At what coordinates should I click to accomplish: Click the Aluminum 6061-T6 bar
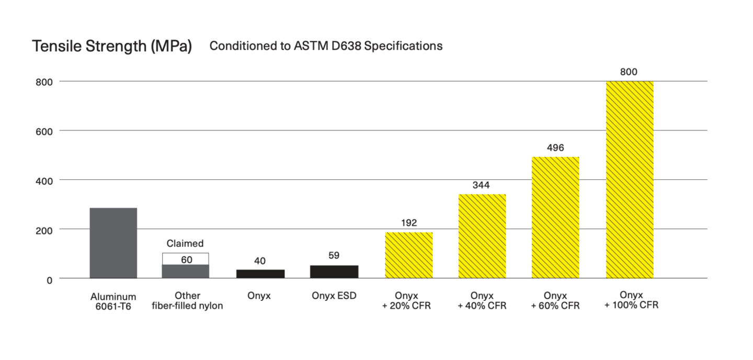point(113,243)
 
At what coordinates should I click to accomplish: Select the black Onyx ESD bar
point(334,272)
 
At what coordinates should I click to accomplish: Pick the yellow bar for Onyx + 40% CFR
point(482,236)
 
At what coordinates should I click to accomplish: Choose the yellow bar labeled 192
point(409,255)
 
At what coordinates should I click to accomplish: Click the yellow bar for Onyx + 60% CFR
point(555,217)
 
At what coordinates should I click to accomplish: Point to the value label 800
point(629,72)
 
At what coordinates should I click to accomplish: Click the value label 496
point(555,148)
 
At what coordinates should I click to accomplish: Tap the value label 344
point(482,185)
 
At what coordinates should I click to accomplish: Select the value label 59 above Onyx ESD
point(334,256)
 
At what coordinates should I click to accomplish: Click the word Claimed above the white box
point(185,243)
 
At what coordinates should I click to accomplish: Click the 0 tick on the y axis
point(50,280)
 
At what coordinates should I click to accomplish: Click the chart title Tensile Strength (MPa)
point(112,46)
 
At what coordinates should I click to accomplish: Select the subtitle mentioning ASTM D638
point(326,46)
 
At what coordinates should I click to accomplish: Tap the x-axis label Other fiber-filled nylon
point(187,301)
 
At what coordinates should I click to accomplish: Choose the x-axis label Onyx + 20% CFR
point(406,300)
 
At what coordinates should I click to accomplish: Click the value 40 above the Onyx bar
point(260,261)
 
